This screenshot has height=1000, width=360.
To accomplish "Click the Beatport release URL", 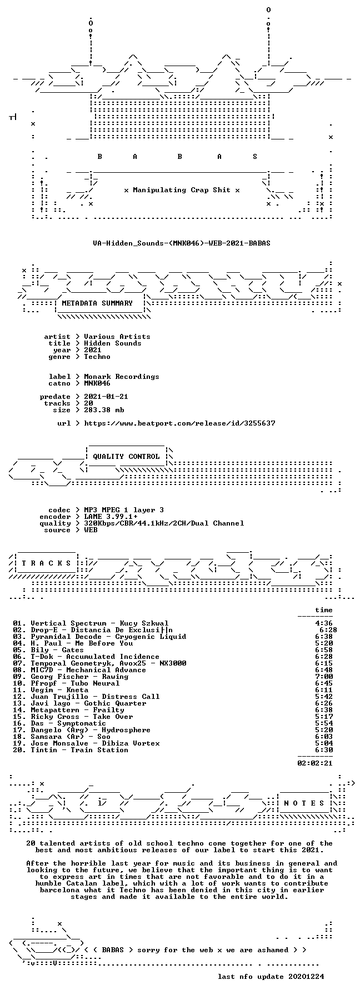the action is [179, 423].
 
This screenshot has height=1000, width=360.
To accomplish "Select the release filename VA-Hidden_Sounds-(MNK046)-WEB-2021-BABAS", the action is [182, 243].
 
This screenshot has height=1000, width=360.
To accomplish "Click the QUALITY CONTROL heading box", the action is [126, 457].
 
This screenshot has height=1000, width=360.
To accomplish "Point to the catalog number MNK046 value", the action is [97, 383].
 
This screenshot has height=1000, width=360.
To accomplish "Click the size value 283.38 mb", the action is [104, 410].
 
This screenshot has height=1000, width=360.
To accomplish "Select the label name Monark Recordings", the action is [122, 377].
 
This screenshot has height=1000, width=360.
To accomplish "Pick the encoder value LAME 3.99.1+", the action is [111, 517].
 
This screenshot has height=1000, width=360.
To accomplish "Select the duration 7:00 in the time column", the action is [324, 677].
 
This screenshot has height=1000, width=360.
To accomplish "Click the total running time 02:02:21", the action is [315, 763].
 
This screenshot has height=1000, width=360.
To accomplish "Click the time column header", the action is [324, 610].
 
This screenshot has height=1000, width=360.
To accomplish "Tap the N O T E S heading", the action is [304, 803].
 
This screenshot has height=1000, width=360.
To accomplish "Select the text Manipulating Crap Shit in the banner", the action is [182, 190].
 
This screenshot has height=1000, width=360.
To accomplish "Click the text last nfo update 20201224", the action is [271, 977].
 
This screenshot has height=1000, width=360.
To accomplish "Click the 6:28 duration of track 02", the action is [328, 630].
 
